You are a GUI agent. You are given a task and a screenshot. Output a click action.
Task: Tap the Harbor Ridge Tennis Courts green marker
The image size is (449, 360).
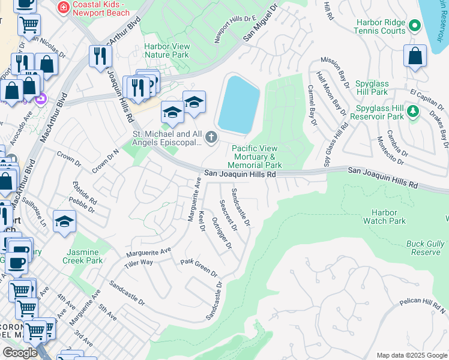414,25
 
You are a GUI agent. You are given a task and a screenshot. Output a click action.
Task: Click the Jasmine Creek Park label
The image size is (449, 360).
83,256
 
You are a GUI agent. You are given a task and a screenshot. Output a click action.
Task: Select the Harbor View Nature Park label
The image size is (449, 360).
167,51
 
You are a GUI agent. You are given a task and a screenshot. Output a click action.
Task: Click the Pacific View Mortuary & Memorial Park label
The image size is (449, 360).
257,157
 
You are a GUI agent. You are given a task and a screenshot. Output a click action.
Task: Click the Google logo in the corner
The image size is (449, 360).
20,353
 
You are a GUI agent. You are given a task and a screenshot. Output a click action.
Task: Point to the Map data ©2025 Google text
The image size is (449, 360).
412,355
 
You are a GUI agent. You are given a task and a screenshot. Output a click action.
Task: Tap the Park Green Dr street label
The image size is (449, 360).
199,268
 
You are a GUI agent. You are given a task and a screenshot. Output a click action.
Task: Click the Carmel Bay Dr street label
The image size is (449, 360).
312,105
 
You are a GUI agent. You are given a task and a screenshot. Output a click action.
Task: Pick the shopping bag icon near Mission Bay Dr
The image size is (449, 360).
415,57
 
